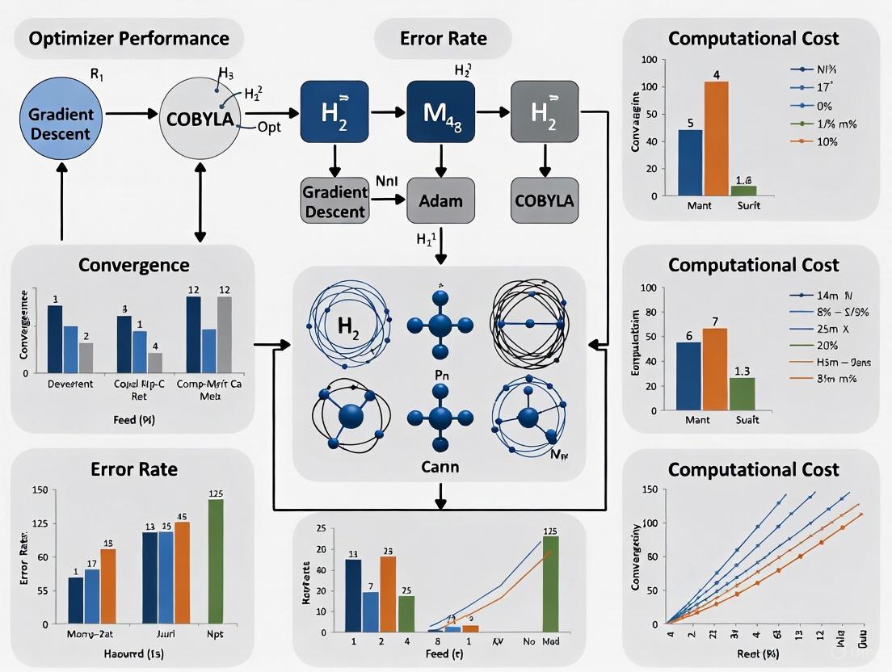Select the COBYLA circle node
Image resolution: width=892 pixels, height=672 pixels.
(200, 120)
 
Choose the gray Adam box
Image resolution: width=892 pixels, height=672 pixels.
(440, 200)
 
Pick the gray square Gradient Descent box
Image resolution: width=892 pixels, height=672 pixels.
(334, 200)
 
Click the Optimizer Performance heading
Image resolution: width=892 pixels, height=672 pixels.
(129, 38)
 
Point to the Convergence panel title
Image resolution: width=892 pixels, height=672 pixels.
(133, 265)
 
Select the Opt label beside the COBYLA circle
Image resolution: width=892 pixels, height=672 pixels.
(270, 127)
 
